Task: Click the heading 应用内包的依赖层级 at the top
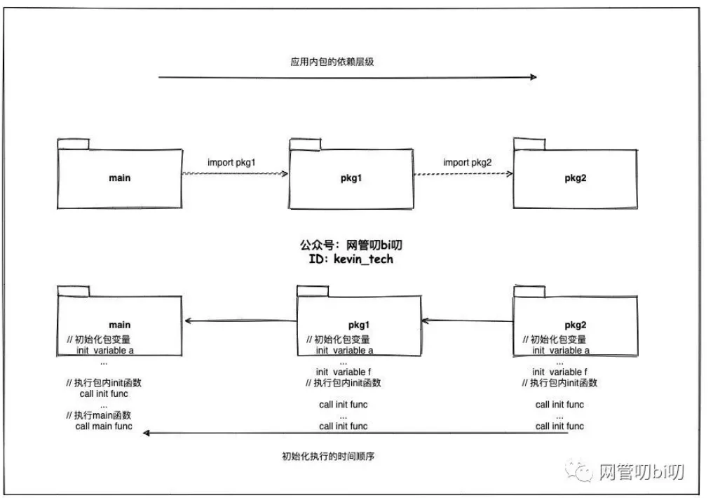(332, 62)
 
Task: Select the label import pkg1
(231, 163)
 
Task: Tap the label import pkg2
(467, 163)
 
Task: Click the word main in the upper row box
(120, 177)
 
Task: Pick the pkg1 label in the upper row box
(350, 177)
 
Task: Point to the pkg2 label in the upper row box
(575, 177)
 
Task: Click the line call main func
(103, 426)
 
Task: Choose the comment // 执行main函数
(98, 415)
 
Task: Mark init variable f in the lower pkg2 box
(559, 372)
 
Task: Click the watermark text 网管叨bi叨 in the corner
(639, 471)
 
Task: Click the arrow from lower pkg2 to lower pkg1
(467, 321)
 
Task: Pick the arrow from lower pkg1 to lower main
(240, 321)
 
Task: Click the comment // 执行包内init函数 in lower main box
(104, 383)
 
